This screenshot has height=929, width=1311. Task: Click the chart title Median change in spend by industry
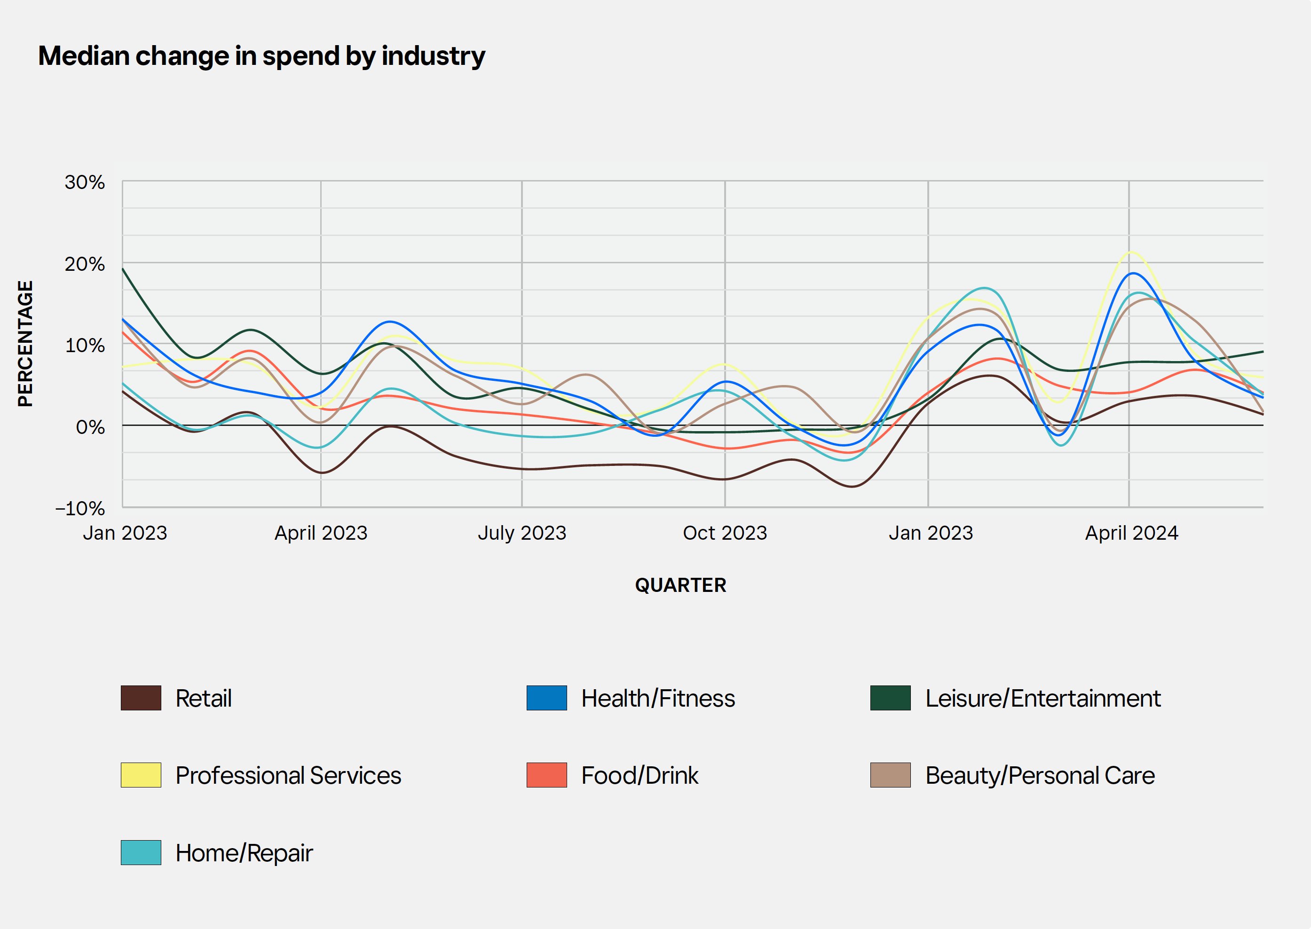[261, 56]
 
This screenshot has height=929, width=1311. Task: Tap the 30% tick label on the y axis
[85, 182]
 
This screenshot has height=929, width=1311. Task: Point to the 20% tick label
[85, 264]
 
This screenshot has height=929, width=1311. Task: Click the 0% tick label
[90, 427]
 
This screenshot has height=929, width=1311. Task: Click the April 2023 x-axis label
[321, 533]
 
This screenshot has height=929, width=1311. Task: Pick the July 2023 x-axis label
[521, 533]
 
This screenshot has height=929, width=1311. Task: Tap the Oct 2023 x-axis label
[725, 533]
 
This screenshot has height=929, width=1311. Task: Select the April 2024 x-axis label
[1131, 533]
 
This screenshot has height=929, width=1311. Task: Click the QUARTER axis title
[681, 585]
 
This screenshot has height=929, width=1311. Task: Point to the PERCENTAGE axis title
[25, 344]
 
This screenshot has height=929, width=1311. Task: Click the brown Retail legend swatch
[141, 698]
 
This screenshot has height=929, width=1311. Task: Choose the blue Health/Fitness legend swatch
[546, 698]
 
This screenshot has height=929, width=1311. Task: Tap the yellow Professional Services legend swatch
[141, 775]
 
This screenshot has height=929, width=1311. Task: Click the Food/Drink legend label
[640, 776]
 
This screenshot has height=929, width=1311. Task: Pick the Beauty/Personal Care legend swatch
[890, 775]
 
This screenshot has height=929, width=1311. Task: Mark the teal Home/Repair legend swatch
[141, 852]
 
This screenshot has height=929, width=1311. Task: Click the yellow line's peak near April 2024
[1131, 252]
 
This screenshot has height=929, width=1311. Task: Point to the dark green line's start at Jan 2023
[123, 269]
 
